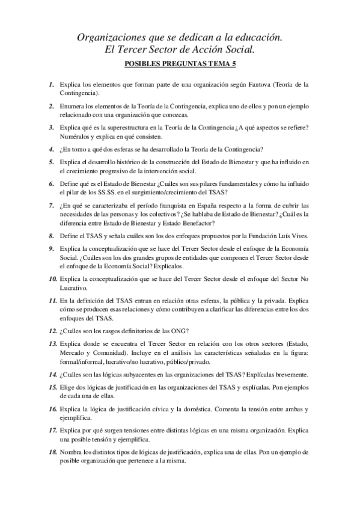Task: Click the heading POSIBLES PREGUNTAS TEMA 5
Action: tap(180, 63)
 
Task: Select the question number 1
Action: tap(52, 85)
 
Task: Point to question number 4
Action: tap(52, 148)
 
